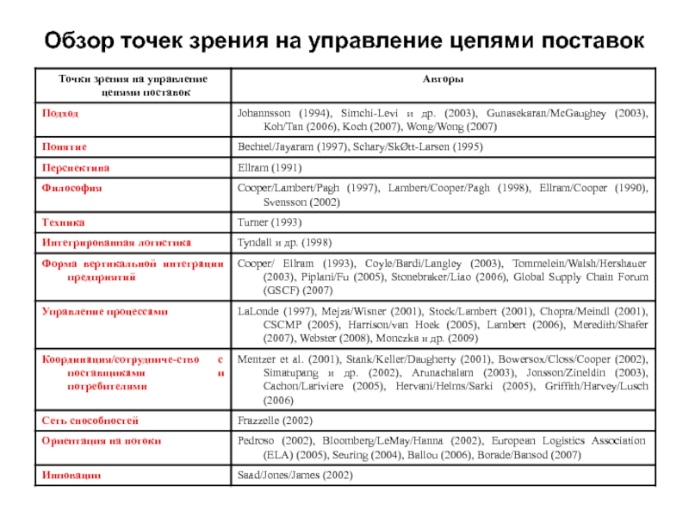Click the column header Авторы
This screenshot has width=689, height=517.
444,79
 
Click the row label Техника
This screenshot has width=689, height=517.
63,222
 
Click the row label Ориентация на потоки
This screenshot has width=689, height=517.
102,440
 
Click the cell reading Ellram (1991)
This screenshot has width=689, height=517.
270,167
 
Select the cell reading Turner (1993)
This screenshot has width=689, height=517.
269,222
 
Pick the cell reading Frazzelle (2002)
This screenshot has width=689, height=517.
275,420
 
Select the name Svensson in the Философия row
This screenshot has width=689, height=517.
264,202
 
